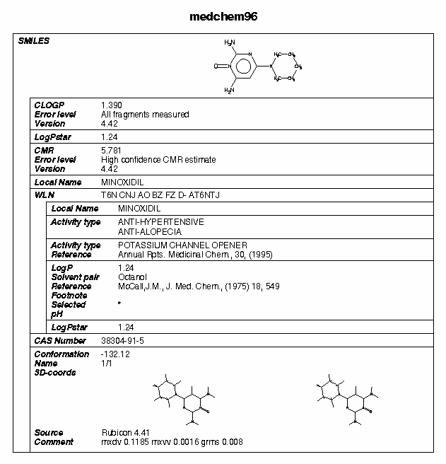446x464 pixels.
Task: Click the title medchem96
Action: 223,16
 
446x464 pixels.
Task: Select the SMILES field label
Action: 33,41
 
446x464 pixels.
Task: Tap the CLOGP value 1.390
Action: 111,105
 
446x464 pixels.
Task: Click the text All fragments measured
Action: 145,114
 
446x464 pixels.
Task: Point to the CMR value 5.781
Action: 111,151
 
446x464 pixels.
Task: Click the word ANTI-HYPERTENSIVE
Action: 160,222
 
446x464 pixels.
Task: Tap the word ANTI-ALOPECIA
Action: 150,231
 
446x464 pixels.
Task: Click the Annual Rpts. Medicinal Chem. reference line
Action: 194,255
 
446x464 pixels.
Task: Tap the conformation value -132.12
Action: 117,354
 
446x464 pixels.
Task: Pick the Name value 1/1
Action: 107,364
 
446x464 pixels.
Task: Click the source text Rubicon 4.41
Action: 125,433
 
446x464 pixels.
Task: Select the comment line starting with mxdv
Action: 172,442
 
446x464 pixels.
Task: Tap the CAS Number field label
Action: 60,341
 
